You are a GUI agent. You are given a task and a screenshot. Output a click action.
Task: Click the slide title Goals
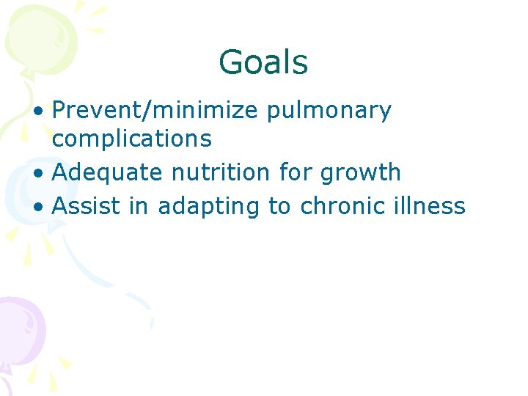coord(263,62)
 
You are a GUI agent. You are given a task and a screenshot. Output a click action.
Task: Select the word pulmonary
coord(329,111)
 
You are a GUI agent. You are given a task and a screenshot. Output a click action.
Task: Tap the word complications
coord(132,138)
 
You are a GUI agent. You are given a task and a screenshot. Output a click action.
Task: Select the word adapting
coord(208,207)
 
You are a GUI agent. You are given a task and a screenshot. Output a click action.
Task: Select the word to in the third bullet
coord(279,207)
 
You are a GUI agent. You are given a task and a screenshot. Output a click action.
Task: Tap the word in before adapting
coord(138,206)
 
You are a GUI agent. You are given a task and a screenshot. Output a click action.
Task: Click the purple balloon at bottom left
coord(18,326)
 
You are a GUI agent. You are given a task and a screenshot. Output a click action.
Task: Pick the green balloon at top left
coord(29,37)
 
